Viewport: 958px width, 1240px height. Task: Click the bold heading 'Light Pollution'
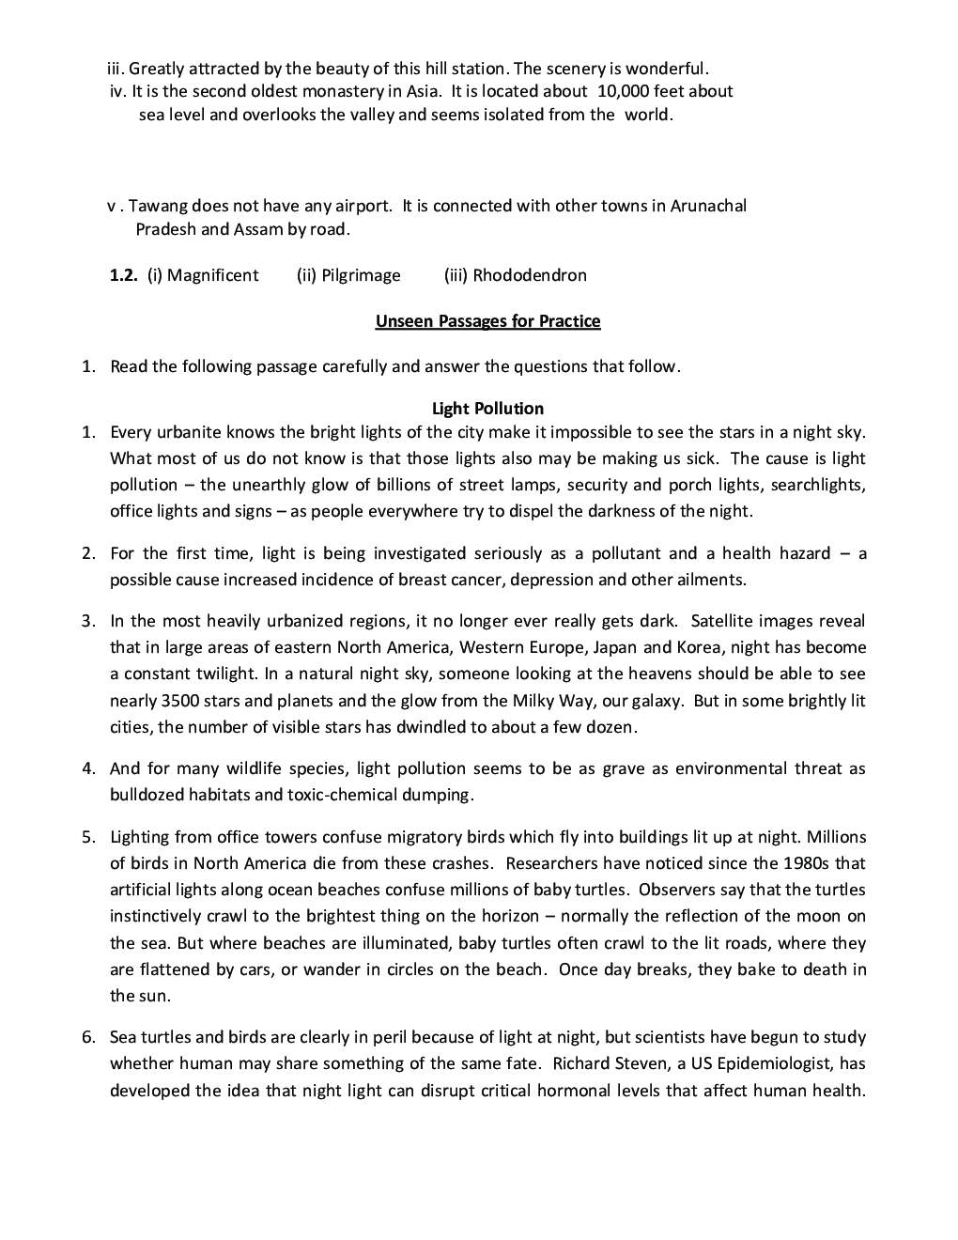click(x=487, y=409)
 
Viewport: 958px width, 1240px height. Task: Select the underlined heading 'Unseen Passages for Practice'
click(x=487, y=321)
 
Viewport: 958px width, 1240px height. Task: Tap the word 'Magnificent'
click(x=212, y=275)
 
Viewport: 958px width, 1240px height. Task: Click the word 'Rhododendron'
click(x=530, y=275)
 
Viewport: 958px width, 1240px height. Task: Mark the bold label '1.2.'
click(x=124, y=275)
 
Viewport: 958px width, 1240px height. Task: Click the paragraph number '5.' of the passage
click(x=88, y=837)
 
